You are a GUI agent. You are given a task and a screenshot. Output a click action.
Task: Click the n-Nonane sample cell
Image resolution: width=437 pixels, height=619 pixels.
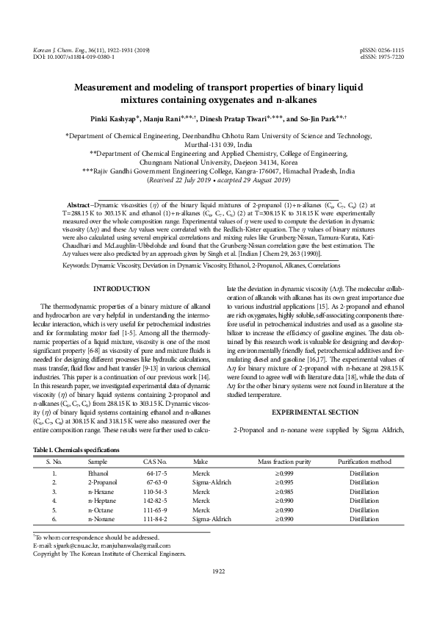tap(100, 518)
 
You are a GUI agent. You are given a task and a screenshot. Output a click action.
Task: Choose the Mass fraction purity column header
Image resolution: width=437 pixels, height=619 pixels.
tap(286, 460)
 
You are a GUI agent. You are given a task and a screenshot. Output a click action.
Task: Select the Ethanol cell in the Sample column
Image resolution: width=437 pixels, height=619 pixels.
tap(98, 474)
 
